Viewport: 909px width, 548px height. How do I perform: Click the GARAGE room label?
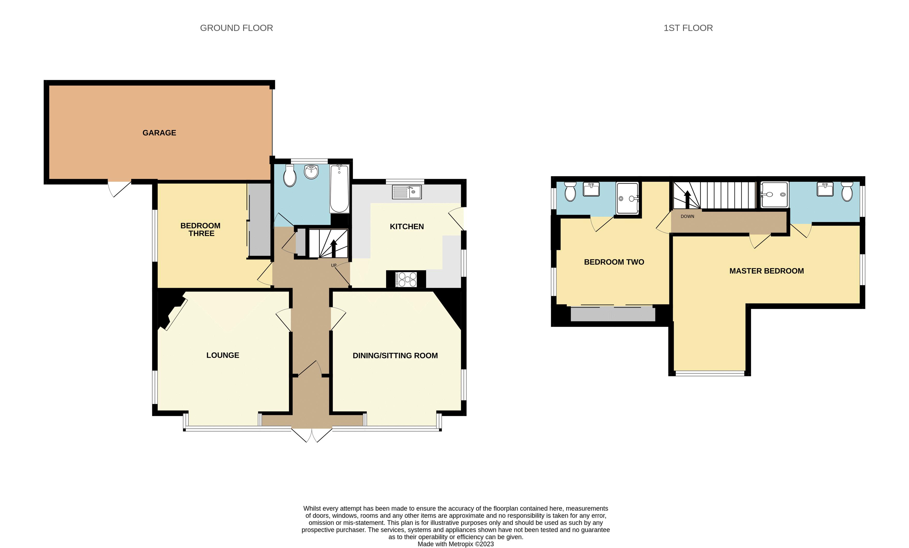tap(159, 133)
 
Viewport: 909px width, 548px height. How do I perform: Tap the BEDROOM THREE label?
tap(201, 230)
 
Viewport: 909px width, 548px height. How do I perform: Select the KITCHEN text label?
tap(407, 227)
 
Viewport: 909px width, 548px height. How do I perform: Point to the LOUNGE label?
tap(223, 355)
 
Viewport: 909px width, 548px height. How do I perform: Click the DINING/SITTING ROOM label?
tap(395, 356)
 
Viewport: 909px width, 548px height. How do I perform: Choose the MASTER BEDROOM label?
tap(766, 271)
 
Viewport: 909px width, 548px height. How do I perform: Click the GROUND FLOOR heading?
tap(236, 28)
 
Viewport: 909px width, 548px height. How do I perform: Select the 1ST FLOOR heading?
tap(688, 28)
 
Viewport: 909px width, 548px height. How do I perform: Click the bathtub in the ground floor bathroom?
tap(339, 189)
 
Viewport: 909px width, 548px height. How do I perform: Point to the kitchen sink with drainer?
tap(407, 192)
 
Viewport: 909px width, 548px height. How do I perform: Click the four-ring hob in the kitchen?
tap(406, 279)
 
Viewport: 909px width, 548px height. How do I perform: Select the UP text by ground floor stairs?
tap(333, 265)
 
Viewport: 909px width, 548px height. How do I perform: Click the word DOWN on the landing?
tap(687, 217)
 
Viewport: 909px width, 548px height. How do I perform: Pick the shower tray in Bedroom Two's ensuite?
tap(627, 198)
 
